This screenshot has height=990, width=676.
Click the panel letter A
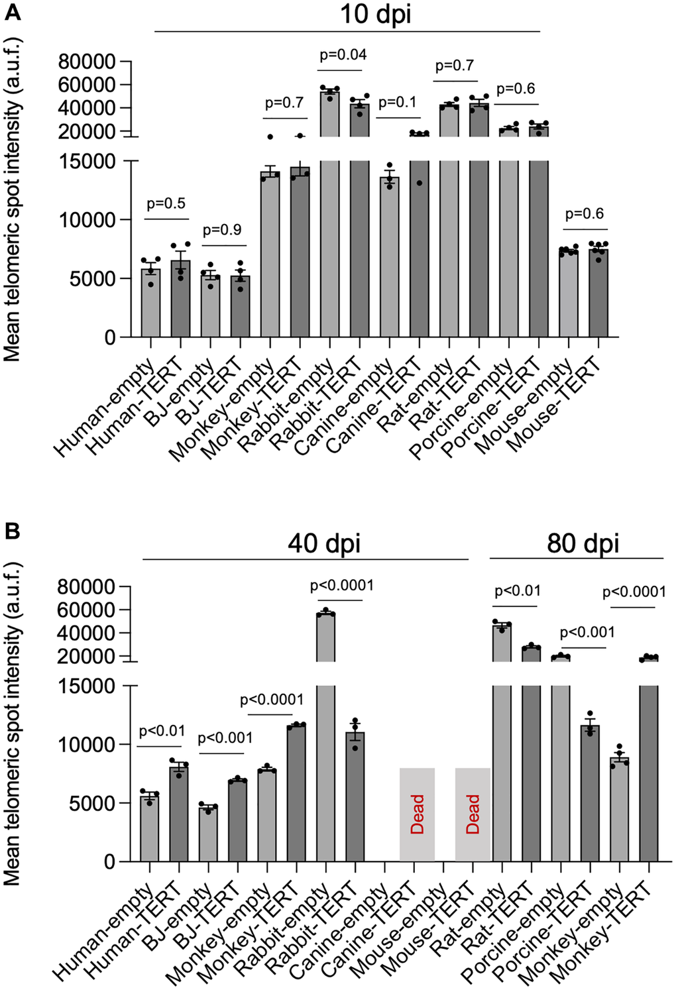click(x=12, y=12)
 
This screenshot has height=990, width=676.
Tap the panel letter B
click(x=12, y=531)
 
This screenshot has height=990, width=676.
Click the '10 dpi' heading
click(x=375, y=14)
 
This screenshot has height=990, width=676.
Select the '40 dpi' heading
click(x=324, y=543)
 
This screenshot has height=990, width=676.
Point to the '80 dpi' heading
click(x=583, y=543)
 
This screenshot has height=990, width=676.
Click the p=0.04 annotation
click(x=343, y=54)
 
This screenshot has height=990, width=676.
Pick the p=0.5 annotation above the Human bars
click(x=166, y=203)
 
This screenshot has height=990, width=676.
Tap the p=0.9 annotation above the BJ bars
click(x=222, y=230)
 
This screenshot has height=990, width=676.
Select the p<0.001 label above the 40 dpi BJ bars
click(x=225, y=738)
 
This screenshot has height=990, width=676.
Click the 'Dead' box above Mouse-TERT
click(x=473, y=814)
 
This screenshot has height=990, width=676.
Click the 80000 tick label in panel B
click(x=86, y=586)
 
